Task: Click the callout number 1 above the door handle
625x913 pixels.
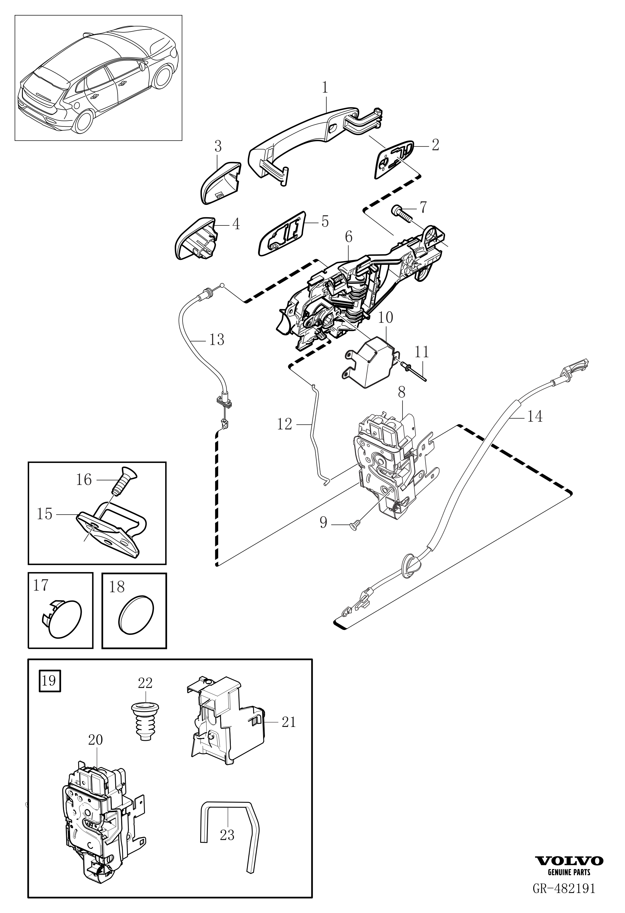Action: coord(325,88)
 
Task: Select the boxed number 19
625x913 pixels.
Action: coord(49,680)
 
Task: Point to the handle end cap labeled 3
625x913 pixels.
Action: coord(221,183)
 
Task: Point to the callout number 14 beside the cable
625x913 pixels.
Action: coord(535,416)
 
